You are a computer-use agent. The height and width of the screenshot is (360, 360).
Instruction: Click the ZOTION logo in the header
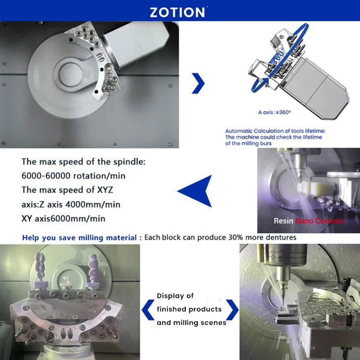point(179,11)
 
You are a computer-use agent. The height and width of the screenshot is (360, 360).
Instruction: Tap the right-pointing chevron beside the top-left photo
point(198,83)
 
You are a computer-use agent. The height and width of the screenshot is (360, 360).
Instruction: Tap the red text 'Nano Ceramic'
point(320,221)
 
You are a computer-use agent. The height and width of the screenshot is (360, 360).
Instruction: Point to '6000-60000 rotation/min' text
point(73,176)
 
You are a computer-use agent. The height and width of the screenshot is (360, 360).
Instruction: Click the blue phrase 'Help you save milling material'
point(79,238)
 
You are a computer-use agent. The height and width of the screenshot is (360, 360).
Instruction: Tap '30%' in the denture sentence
point(237,238)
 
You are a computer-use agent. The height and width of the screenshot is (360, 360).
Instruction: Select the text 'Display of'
point(175,296)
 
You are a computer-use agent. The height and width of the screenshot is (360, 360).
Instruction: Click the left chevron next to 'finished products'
point(146,309)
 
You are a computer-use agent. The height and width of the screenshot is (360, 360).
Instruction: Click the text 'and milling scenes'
point(191,323)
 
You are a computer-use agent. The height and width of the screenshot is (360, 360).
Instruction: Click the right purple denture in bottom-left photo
point(93,269)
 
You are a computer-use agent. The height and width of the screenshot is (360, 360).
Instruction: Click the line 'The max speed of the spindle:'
point(83,162)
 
